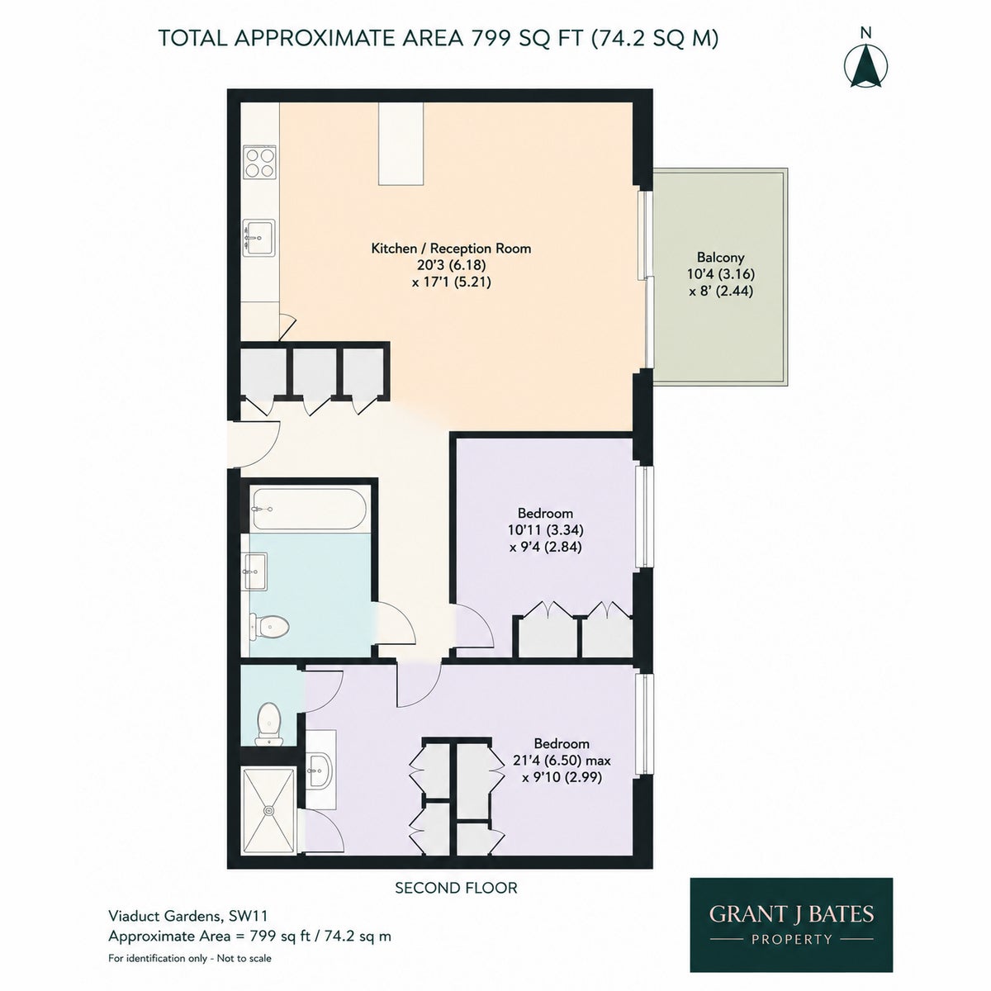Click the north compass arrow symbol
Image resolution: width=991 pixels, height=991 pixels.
(x=866, y=66)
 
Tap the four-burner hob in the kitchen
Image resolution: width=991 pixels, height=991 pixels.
(x=259, y=163)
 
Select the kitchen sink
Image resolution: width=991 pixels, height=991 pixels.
(x=259, y=237)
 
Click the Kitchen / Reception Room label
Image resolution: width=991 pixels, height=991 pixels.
(x=451, y=249)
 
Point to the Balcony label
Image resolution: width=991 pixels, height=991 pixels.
(x=720, y=257)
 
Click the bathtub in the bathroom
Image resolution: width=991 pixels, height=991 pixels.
(x=309, y=509)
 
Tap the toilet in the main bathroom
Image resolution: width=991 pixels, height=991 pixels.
(x=269, y=626)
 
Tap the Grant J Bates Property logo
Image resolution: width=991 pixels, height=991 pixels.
(x=791, y=925)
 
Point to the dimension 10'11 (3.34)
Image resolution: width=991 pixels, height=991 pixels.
(x=545, y=529)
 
